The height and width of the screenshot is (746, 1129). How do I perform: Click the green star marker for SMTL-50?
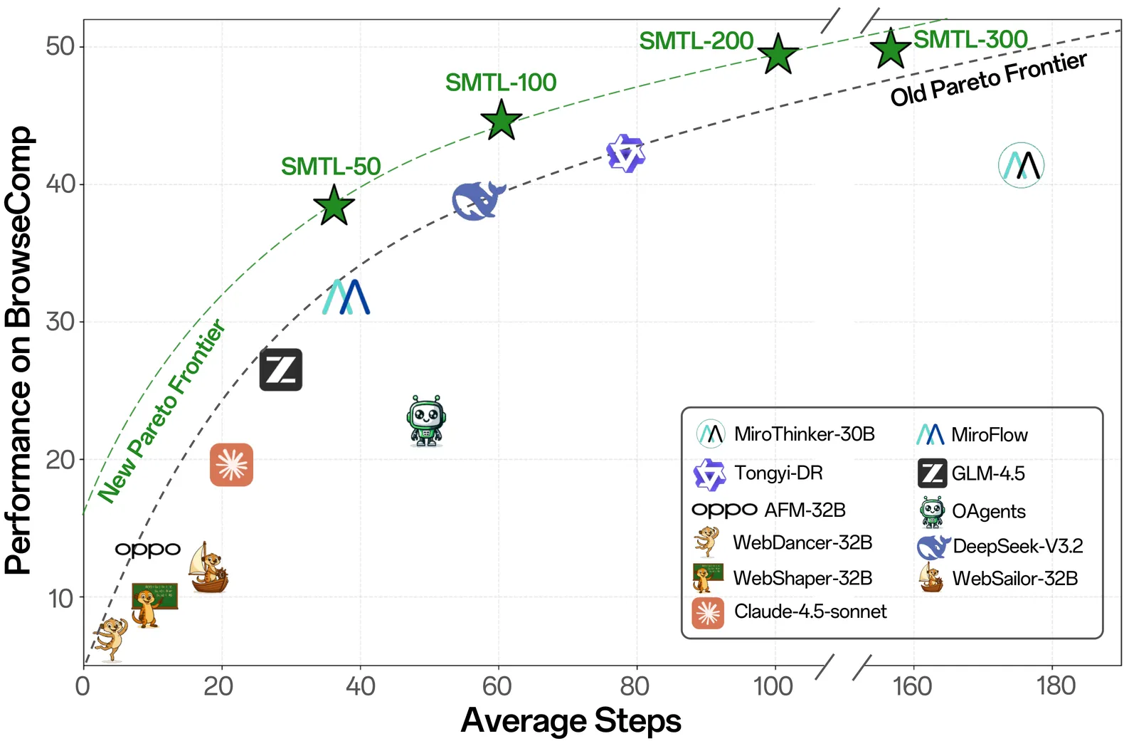334,206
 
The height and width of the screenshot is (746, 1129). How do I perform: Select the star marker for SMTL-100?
502,120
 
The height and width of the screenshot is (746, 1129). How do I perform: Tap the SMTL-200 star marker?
778,54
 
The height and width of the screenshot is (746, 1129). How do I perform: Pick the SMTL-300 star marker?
890,49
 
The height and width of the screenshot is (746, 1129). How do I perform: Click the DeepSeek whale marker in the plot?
478,201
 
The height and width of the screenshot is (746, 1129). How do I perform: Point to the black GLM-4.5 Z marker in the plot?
281,369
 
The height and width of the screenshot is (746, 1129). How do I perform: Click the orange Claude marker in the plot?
231,465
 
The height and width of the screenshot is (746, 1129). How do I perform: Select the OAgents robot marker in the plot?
426,421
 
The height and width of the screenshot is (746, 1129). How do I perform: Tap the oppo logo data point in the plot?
148,550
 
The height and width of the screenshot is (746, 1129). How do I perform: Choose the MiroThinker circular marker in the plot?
1021,165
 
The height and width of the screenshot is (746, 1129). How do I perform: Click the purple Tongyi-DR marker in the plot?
626,154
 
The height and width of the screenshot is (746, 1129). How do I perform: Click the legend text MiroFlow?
989,435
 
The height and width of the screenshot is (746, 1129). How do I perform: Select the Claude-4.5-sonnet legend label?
810,611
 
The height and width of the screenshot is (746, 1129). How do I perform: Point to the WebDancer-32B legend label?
802,543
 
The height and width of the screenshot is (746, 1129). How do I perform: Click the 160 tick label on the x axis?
911,686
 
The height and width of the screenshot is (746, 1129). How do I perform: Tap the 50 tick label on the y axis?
60,46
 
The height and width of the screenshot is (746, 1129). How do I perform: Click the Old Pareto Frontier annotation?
988,79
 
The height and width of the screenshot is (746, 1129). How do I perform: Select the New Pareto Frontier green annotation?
162,411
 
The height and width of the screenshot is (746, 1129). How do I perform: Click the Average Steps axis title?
571,720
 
